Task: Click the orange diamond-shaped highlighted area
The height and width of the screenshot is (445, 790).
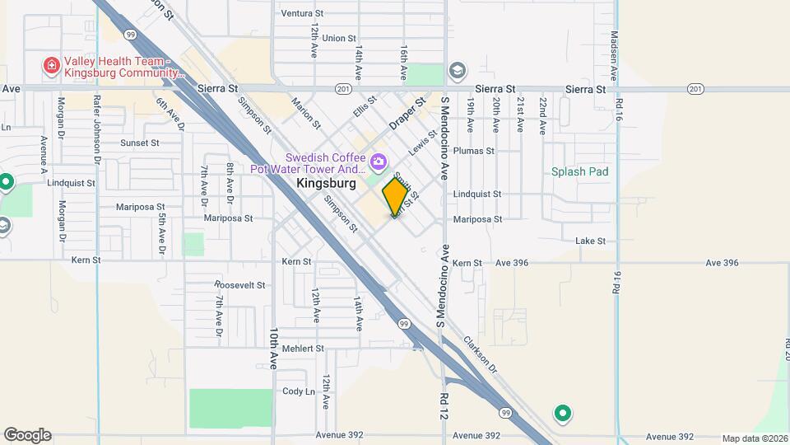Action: (x=395, y=196)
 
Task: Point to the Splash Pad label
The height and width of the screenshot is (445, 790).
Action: (x=580, y=171)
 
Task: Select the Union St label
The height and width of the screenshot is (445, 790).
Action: (x=339, y=38)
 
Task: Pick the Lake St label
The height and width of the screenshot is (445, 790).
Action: (x=590, y=241)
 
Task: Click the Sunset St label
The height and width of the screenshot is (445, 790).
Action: (x=139, y=143)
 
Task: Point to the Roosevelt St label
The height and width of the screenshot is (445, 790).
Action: (x=239, y=285)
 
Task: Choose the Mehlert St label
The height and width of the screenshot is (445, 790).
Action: (x=302, y=349)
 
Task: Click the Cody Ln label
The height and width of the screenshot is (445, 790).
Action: (x=299, y=391)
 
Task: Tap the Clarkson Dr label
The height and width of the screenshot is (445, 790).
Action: (x=481, y=353)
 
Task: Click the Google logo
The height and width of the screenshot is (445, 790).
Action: (x=27, y=435)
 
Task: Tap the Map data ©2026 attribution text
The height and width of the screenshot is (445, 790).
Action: (x=754, y=438)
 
